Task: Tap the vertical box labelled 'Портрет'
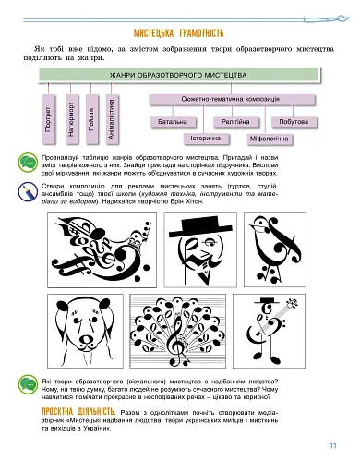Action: click(x=49, y=115)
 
